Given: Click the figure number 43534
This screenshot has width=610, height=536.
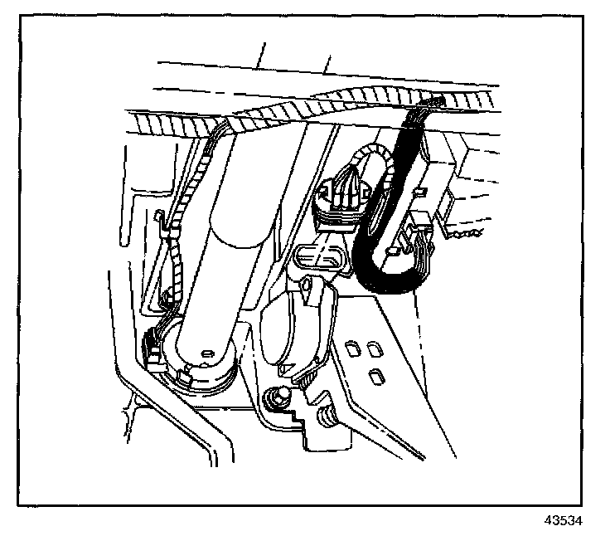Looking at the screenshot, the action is pyautogui.click(x=563, y=521).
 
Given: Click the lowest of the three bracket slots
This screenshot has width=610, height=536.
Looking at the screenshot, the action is pyautogui.click(x=374, y=378).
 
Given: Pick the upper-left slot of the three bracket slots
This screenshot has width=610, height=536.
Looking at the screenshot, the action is pyautogui.click(x=353, y=348).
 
